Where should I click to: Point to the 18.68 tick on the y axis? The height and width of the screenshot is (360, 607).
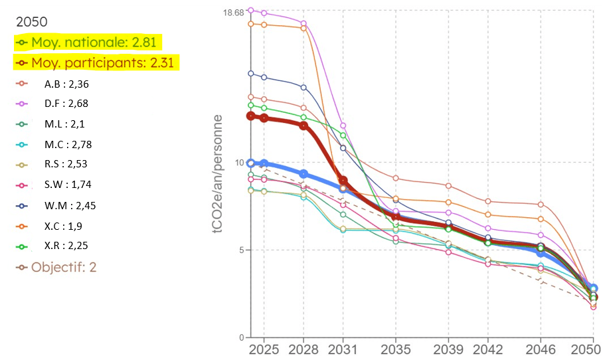tap(234, 13)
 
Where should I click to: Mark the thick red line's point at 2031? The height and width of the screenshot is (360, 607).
tap(343, 180)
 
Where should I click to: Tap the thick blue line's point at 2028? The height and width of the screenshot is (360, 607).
tap(303, 174)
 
